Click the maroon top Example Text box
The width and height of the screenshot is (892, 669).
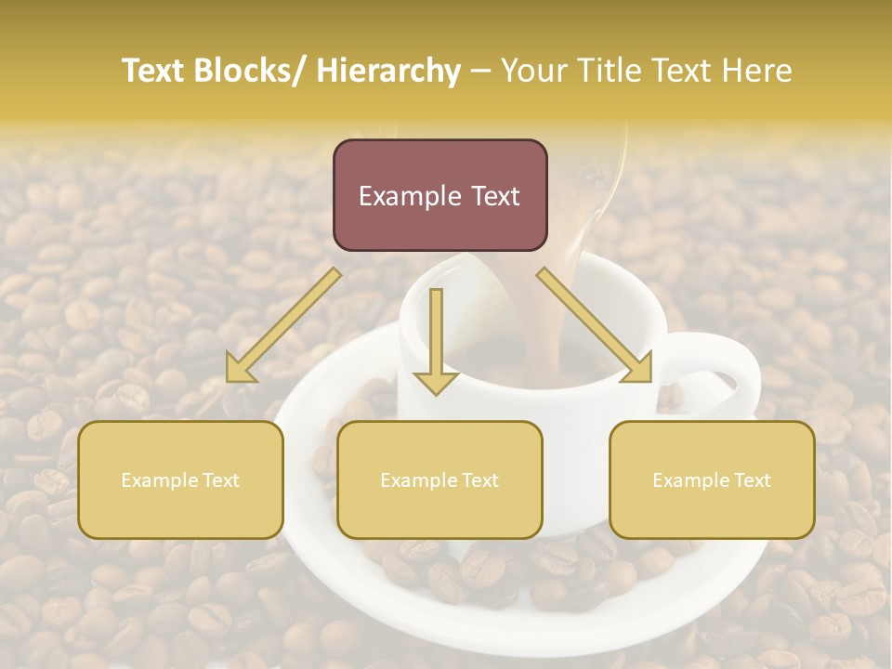[439, 195]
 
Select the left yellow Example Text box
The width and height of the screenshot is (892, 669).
[180, 479]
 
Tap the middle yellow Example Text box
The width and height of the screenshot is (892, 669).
[439, 479]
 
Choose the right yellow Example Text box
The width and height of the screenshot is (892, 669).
[712, 479]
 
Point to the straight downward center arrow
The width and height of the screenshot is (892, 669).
[436, 339]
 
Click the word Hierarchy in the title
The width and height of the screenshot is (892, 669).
[388, 72]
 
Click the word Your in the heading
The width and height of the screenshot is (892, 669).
[532, 72]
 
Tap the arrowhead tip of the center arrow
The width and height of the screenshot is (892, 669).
[436, 392]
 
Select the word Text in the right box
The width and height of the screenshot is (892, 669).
[752, 480]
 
